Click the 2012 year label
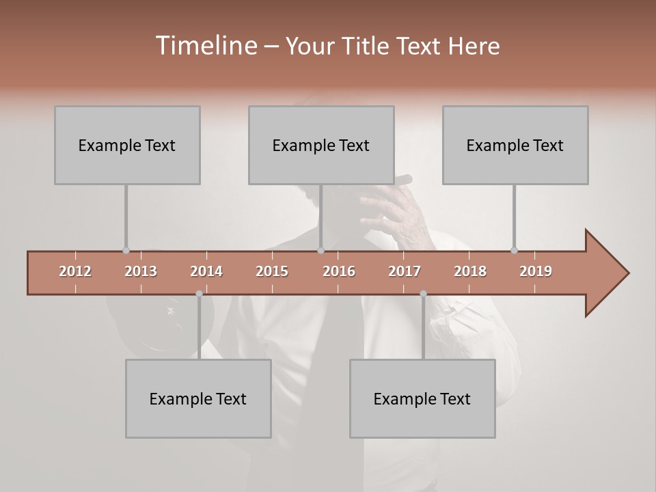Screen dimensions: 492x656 75,271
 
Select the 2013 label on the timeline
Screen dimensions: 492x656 141,271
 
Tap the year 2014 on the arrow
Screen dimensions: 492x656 206,271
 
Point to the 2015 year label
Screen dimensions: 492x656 272,271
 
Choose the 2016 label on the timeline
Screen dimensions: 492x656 339,271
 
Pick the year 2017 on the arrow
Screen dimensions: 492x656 405,271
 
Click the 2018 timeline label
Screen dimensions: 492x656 470,271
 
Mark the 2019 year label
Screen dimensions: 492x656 536,271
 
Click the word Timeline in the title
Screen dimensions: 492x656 205,46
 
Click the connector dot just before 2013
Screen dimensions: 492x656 126,251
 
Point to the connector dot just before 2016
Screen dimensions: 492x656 320,251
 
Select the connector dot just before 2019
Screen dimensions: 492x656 515,251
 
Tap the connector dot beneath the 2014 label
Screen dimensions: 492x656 199,294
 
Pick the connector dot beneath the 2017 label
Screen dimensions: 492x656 423,294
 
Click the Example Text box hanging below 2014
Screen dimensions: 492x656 198,398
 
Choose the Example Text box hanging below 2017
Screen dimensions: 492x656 422,398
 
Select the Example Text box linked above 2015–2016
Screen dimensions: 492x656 321,145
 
